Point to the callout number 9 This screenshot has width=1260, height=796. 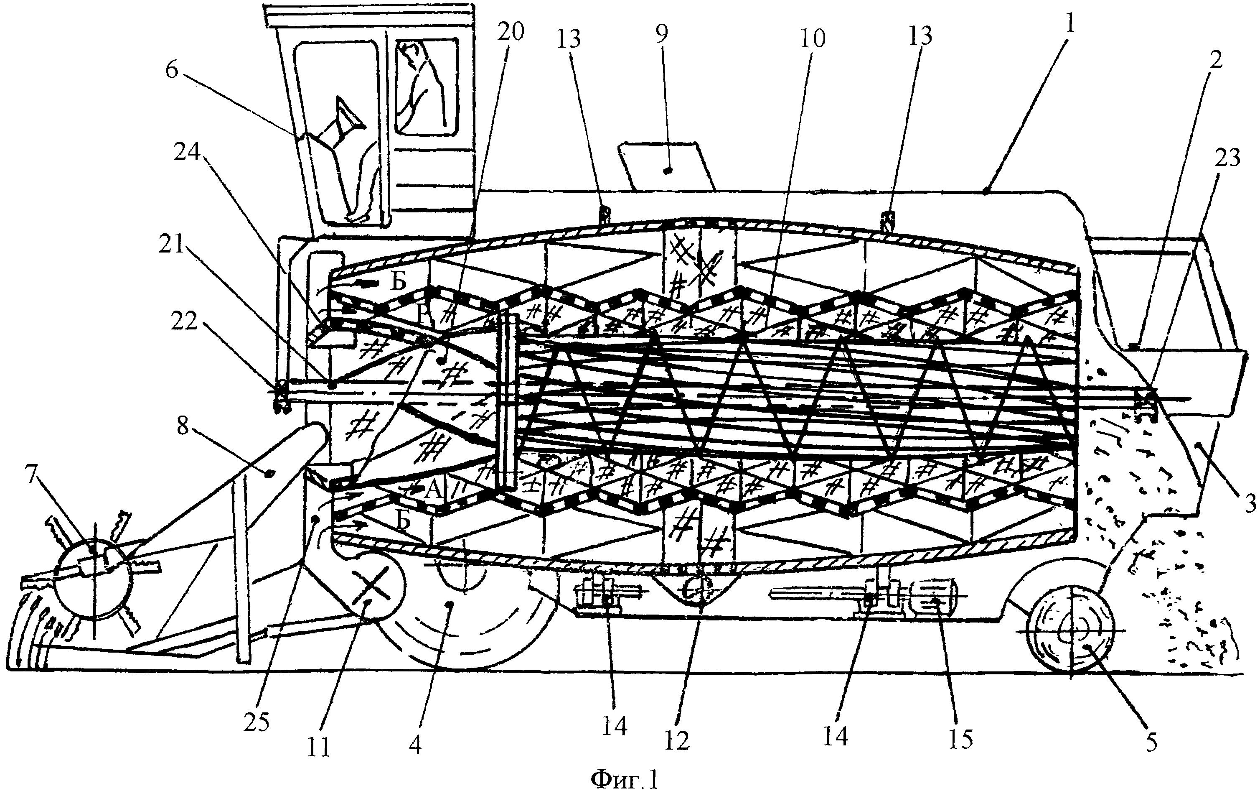(661, 35)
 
